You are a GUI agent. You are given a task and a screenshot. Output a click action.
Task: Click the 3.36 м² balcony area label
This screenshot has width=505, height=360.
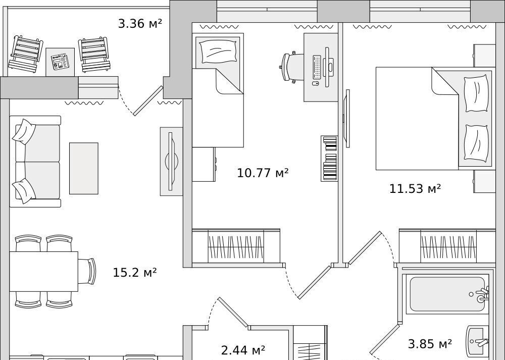pos(140,24)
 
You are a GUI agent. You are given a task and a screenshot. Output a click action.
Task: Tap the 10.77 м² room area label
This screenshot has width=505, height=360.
pos(263,173)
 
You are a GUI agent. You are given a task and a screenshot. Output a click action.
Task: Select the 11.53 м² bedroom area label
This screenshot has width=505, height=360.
pos(415,188)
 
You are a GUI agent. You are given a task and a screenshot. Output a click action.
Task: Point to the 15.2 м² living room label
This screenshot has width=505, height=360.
pos(135,273)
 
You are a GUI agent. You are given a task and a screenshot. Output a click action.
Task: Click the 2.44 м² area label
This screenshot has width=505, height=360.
pos(243,350)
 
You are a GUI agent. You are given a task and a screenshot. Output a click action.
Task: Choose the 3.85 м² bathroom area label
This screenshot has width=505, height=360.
pos(430,344)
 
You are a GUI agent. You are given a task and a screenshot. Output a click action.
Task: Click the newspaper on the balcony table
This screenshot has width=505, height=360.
pos(60,62)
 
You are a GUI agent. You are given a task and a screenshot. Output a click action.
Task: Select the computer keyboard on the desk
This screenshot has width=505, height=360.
pos(317,67)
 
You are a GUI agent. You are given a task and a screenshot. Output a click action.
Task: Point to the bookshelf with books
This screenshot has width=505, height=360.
pos(329,158)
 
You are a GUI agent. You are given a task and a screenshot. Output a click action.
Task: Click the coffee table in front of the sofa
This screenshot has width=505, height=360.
pos(84,169)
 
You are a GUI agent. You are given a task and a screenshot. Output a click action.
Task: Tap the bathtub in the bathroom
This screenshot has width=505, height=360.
pos(447,294)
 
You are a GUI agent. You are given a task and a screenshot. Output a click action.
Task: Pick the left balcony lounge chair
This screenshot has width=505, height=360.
pos(26,54)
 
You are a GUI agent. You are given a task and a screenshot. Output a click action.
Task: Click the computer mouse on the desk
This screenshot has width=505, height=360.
pos(316,84)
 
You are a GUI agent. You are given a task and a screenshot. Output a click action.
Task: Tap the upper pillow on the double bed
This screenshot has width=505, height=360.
pos(476,93)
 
